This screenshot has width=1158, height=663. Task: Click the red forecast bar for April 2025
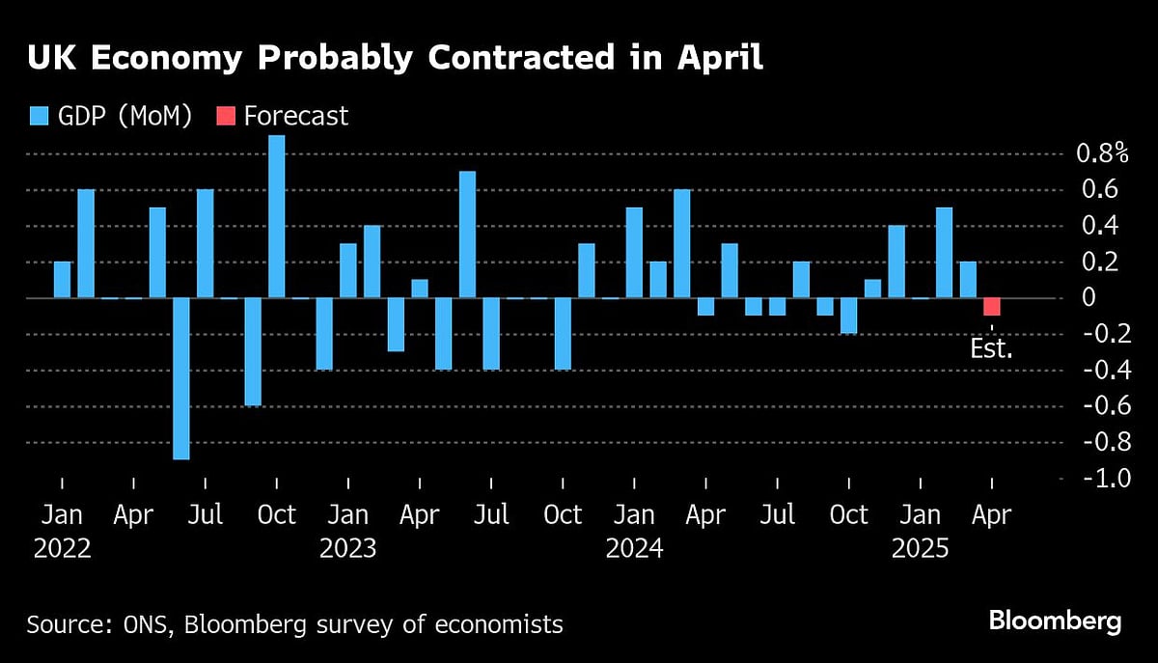point(991,307)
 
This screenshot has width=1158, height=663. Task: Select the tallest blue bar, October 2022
point(277,217)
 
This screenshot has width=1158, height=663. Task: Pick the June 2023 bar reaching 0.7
point(467,235)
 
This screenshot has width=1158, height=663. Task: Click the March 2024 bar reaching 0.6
point(681,243)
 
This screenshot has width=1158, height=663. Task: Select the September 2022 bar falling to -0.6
point(253,351)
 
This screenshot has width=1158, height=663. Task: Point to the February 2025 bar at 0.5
point(944,253)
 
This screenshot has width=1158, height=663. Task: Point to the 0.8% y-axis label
point(1101,153)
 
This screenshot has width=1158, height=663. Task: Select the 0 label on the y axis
point(1089,298)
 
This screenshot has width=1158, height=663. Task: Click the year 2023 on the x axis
point(348,548)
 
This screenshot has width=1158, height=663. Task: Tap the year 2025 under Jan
point(920,548)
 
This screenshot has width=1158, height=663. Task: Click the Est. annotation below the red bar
point(991,348)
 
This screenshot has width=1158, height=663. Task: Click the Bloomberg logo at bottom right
point(1055,621)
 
